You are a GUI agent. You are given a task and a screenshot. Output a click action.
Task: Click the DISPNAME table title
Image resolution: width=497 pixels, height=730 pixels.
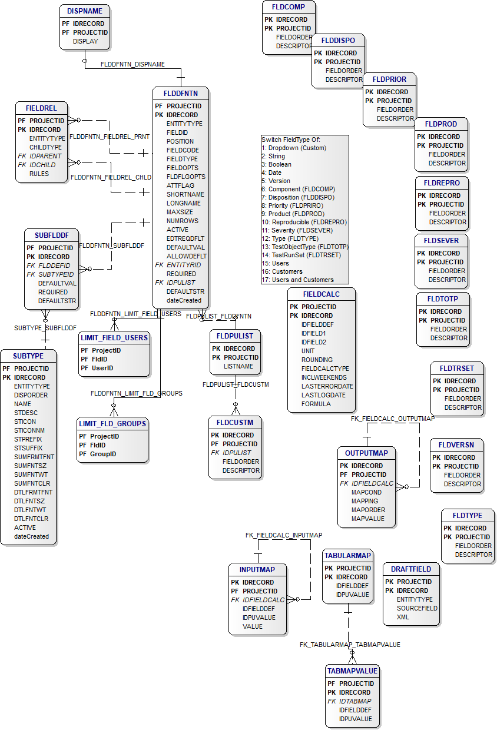coord(84,11)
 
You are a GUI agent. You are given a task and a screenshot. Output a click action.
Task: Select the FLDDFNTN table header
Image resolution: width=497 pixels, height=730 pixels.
coord(181,94)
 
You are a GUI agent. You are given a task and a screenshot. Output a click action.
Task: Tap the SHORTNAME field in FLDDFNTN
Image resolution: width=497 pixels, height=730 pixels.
coord(185,194)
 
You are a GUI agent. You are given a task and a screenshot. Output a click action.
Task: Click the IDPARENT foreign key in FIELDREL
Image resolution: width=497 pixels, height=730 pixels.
coord(45,156)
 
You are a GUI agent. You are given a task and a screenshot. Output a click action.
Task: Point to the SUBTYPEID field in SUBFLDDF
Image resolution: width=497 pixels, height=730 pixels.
coord(56,274)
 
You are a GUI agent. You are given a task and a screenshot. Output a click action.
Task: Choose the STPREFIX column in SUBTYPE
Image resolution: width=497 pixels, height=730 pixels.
coord(28,439)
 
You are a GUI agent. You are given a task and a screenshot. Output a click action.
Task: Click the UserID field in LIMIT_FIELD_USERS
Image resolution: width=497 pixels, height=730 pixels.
coord(102,369)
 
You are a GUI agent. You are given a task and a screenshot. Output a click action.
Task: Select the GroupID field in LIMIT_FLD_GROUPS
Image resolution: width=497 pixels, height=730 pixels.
coord(103,454)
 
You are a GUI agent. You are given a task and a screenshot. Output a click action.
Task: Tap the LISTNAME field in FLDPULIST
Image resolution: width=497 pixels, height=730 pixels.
coord(238,366)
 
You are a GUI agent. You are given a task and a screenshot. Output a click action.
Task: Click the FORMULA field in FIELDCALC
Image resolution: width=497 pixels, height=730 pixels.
coord(316,404)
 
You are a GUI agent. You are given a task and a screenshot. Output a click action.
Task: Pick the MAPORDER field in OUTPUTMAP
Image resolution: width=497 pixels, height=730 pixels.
coord(368,510)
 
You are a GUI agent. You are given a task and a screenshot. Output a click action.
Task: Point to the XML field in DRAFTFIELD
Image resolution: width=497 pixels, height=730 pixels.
coord(403,617)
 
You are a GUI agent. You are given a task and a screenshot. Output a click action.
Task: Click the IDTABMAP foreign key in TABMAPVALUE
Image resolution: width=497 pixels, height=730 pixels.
coord(355,701)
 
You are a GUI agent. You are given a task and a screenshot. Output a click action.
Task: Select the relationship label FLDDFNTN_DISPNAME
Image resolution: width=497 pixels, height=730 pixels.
coord(132,65)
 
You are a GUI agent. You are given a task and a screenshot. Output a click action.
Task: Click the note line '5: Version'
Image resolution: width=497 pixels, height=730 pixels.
coord(276,181)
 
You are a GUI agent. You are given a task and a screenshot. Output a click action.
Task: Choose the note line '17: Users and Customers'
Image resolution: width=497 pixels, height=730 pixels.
coord(297,280)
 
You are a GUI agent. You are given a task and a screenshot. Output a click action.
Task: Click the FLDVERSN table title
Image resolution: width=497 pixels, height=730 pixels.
coord(456,445)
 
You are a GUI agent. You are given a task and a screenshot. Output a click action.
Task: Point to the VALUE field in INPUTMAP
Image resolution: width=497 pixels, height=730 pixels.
coord(252,627)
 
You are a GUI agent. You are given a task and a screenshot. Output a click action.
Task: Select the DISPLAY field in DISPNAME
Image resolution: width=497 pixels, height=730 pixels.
coord(85,41)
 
